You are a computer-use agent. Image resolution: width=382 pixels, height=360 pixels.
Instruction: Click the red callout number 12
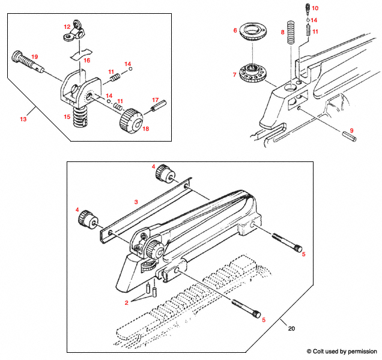[67, 27]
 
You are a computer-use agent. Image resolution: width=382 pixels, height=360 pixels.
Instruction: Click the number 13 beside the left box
[23, 119]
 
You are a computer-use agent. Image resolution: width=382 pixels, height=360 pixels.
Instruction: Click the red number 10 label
[315, 8]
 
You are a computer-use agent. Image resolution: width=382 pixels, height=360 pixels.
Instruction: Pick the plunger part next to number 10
[306, 8]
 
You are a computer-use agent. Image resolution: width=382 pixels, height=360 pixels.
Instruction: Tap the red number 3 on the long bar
[136, 203]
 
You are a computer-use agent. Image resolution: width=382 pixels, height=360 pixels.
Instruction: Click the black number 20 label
[292, 328]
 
